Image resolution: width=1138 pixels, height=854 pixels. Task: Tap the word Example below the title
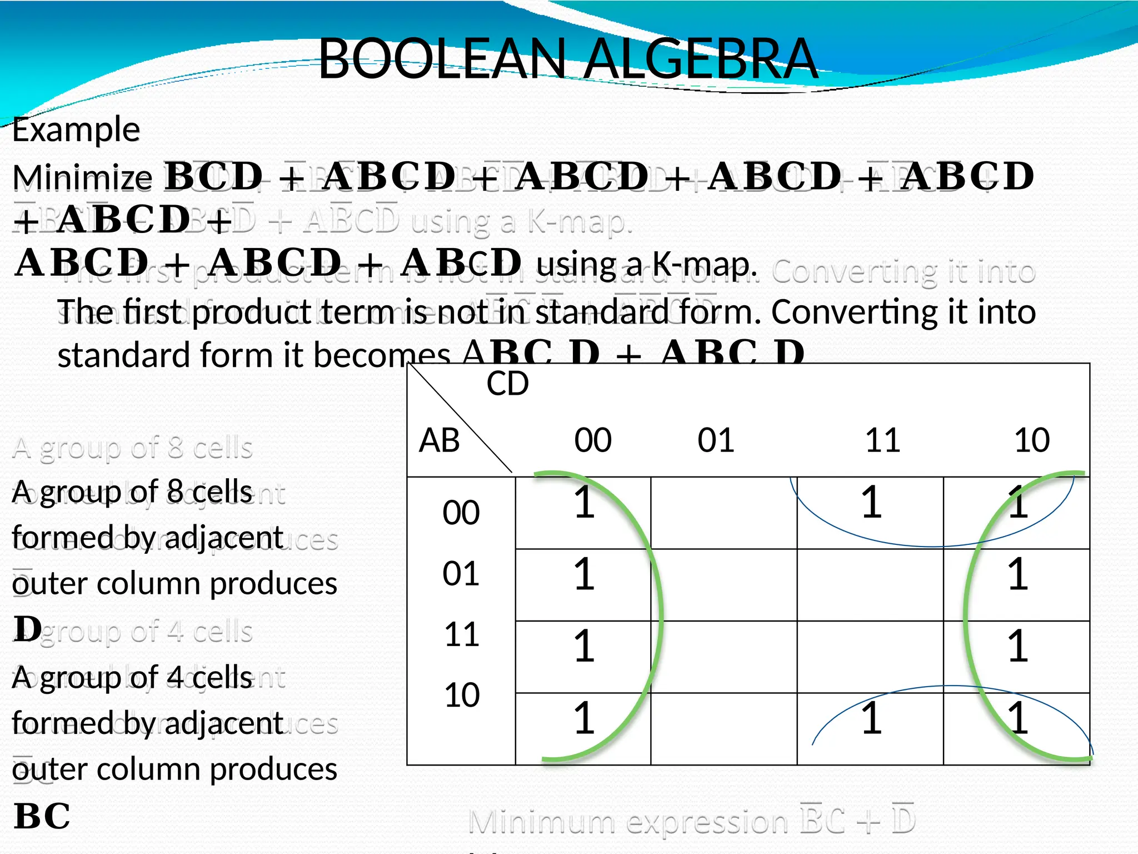click(x=76, y=130)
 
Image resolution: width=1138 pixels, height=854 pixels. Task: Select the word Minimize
click(x=82, y=178)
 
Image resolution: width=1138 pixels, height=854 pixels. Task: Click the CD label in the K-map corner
click(x=507, y=384)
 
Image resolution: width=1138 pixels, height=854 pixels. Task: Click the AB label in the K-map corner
click(x=439, y=441)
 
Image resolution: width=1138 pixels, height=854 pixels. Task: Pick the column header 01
click(x=716, y=440)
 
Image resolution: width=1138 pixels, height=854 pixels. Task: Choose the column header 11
click(x=882, y=440)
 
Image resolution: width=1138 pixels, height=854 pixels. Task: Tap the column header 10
click(x=1032, y=440)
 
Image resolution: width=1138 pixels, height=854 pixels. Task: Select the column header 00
click(x=593, y=440)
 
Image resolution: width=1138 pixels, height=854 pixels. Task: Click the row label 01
click(x=461, y=574)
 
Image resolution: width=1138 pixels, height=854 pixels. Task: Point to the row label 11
click(x=461, y=634)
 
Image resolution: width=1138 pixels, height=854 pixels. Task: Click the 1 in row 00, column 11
click(x=871, y=503)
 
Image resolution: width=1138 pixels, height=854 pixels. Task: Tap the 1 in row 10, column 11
click(x=871, y=718)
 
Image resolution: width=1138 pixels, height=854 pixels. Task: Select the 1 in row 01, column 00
click(x=584, y=574)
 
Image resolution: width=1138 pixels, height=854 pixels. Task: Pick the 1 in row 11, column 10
click(x=1017, y=646)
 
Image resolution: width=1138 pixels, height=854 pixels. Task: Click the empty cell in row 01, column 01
click(x=723, y=585)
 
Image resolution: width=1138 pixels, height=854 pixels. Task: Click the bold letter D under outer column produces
click(x=28, y=629)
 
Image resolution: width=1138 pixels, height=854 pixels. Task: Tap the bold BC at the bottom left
click(x=42, y=816)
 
